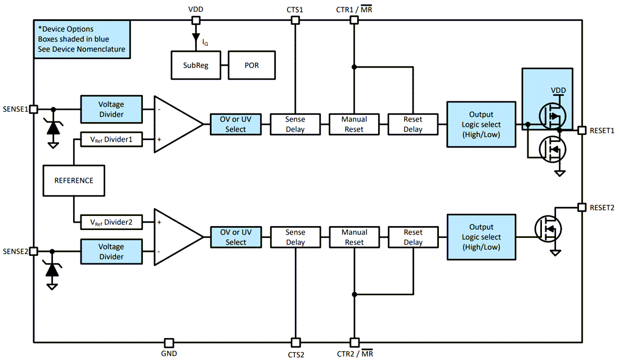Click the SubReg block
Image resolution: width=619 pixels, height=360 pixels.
pyautogui.click(x=196, y=65)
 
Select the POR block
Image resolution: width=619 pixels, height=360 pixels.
pyautogui.click(x=252, y=65)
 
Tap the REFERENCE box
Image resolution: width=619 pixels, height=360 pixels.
pyautogui.click(x=73, y=181)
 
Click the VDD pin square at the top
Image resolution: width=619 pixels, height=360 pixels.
pyautogui.click(x=196, y=20)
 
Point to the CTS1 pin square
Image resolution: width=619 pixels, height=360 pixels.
pyautogui.click(x=294, y=20)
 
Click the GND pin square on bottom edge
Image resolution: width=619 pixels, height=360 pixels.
pyautogui.click(x=169, y=343)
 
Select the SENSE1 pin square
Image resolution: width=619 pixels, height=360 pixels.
pyautogui.click(x=34, y=109)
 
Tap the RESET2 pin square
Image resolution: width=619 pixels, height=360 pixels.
pyautogui.click(x=582, y=207)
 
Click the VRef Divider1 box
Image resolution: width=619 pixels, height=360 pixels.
pyautogui.click(x=111, y=139)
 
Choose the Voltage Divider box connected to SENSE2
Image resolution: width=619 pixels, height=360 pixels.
pyautogui.click(x=111, y=251)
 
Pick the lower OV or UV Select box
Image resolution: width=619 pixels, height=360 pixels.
pyautogui.click(x=236, y=237)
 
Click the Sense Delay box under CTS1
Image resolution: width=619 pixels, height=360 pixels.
pyautogui.click(x=295, y=124)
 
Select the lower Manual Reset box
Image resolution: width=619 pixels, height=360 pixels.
pyautogui.click(x=354, y=237)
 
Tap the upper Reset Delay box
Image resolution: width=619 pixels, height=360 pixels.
pyautogui.click(x=413, y=124)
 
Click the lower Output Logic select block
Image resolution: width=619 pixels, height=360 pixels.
pyautogui.click(x=481, y=237)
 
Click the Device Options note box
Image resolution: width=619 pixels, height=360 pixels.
pyautogui.click(x=82, y=39)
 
